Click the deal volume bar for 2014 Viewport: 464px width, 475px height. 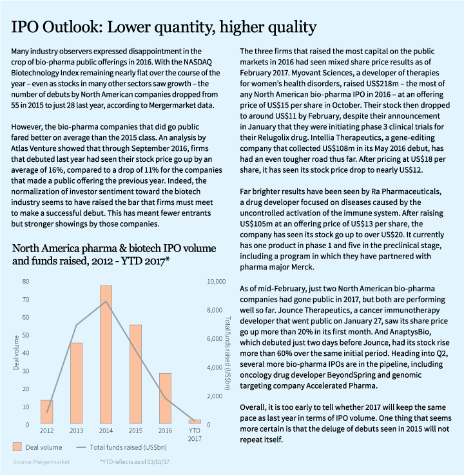(106, 354)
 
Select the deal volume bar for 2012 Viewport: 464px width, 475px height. (46, 412)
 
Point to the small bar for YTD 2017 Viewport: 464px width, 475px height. (195, 422)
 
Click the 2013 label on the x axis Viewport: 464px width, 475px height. (76, 431)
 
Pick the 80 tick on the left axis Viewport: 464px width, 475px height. (25, 282)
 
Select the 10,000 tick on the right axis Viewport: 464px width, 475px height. (215, 282)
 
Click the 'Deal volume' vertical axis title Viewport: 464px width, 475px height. (16, 353)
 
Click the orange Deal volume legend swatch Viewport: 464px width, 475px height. (18, 447)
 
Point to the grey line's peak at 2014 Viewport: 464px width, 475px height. (106, 302)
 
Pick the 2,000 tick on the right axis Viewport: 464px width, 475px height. (215, 396)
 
